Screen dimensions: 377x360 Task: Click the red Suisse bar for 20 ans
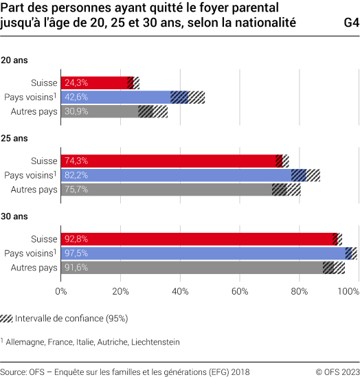coord(96,83)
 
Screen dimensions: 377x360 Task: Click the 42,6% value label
coord(76,98)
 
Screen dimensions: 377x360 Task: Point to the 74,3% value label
coord(76,161)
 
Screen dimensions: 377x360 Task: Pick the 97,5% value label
coord(76,253)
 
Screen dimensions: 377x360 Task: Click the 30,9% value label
coord(76,111)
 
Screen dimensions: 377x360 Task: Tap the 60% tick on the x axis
coord(239,292)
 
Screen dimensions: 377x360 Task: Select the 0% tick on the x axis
coord(61,292)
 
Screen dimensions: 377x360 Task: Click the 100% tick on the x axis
coord(348,292)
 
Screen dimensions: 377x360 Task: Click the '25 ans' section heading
coord(14,138)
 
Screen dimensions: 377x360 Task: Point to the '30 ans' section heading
coord(14,216)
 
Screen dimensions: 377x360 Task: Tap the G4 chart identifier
coord(350,22)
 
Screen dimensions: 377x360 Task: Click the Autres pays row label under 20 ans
coord(34,111)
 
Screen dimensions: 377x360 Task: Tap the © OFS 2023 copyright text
coord(337,369)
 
